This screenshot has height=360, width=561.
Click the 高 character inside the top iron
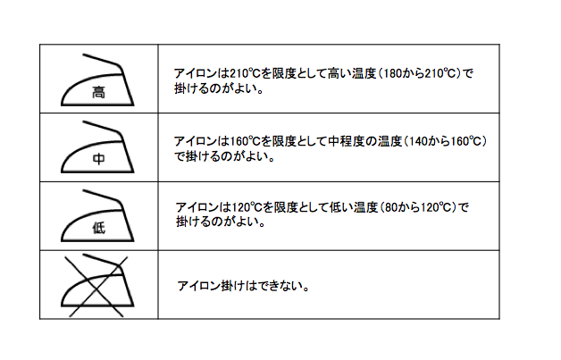pos(99,92)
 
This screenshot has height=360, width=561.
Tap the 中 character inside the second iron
pos(99,158)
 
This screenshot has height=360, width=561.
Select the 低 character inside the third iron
pos(99,228)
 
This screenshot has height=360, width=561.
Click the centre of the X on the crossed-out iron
pos(96,287)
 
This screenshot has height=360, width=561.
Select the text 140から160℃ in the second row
pos(445,142)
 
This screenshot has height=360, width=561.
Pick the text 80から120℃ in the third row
pos(418,207)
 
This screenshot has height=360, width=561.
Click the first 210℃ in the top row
pos(245,74)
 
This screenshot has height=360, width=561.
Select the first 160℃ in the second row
pos(245,142)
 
